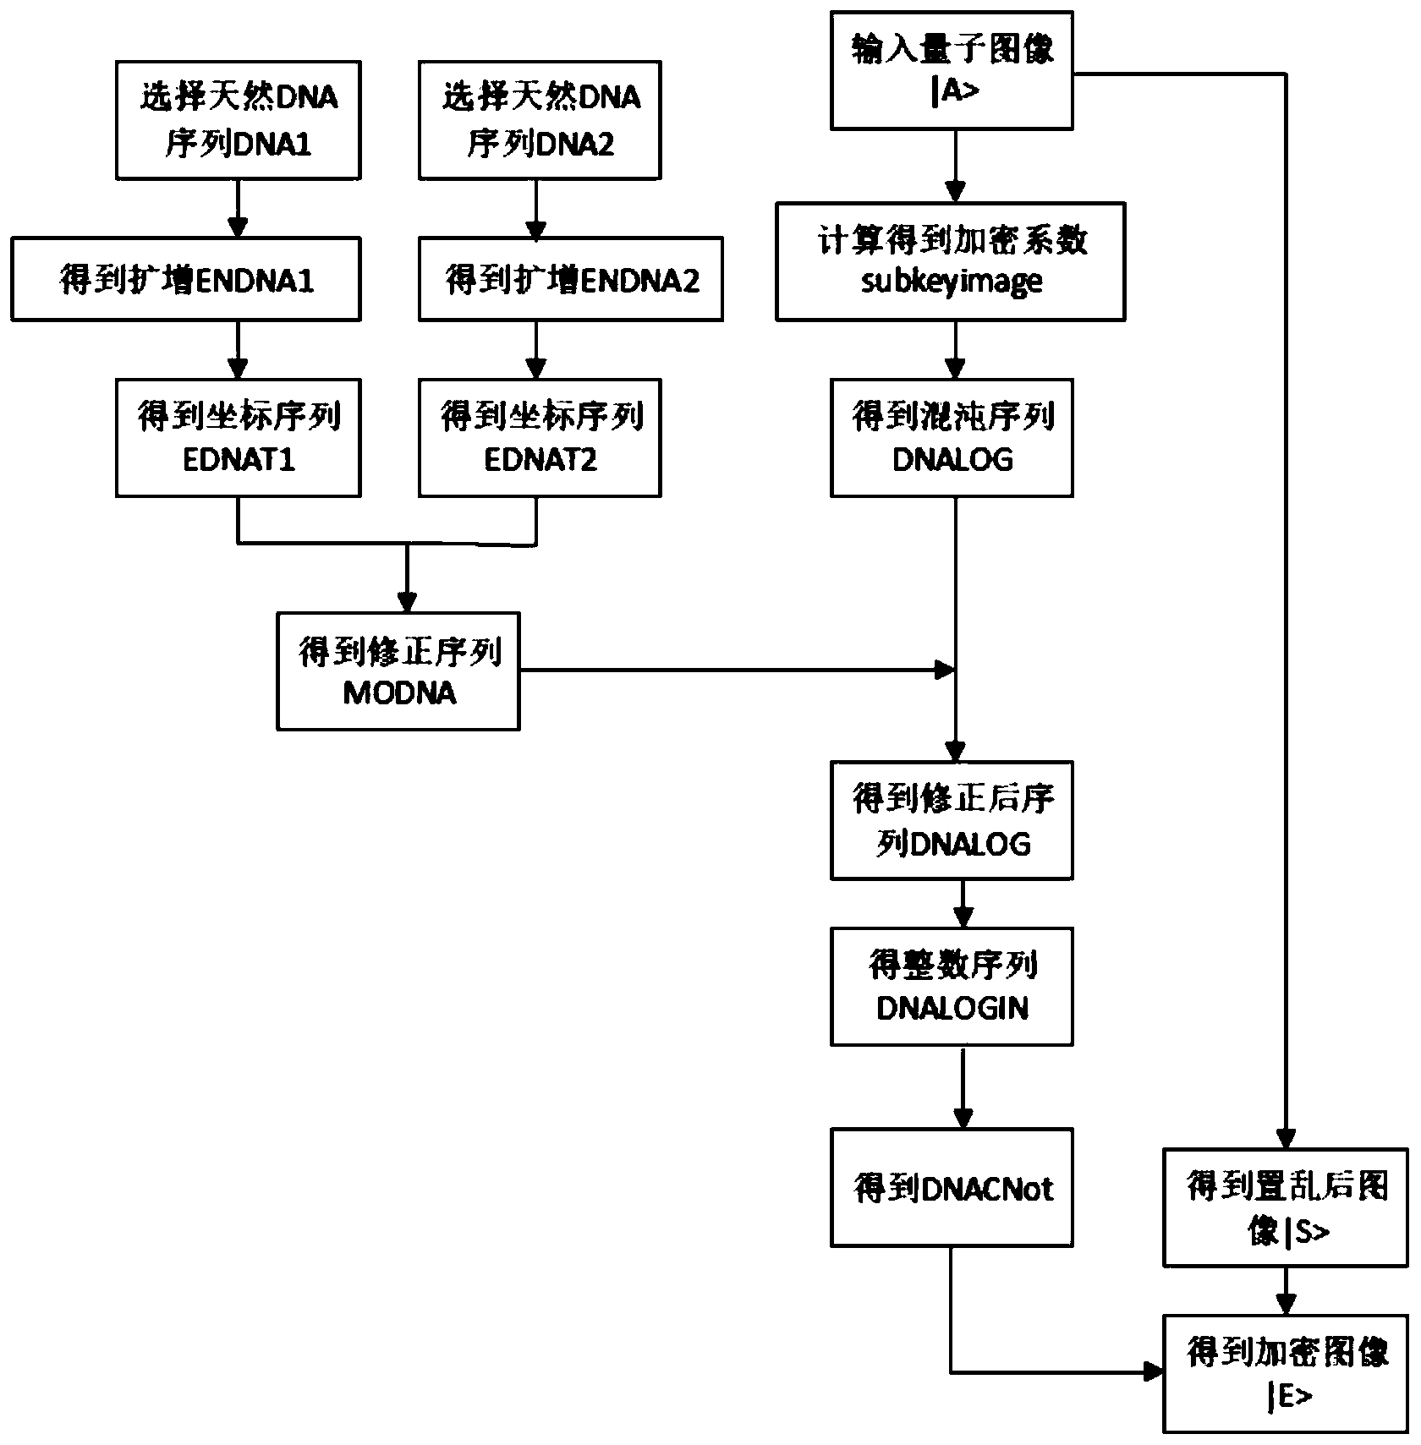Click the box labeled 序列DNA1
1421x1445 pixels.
click(238, 120)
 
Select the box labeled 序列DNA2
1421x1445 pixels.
click(540, 120)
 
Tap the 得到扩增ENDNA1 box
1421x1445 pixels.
click(186, 279)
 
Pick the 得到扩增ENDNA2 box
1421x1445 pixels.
click(571, 279)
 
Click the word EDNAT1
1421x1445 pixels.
click(239, 459)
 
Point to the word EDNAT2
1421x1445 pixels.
click(540, 459)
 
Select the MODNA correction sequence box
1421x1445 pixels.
click(398, 671)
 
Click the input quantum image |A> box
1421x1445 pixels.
click(952, 70)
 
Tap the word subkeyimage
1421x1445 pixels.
click(952, 282)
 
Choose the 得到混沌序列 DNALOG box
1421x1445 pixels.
click(952, 438)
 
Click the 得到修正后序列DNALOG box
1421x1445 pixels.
click(952, 820)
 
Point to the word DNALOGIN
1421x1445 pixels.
click(952, 1008)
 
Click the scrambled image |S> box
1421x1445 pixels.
click(1286, 1207)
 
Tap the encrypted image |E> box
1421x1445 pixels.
click(1286, 1373)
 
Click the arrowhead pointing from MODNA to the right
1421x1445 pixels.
click(944, 671)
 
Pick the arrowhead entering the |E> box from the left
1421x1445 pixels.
click(1154, 1371)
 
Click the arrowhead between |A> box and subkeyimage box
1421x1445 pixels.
click(956, 191)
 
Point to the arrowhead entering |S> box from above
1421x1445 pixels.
click(1287, 1137)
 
